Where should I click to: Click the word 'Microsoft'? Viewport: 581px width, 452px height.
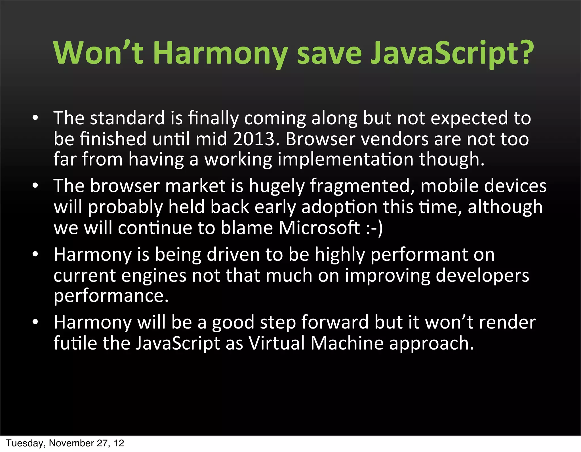[x=319, y=228]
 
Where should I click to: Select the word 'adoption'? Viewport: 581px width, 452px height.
[x=339, y=207]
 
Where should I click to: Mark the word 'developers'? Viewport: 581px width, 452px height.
[x=482, y=276]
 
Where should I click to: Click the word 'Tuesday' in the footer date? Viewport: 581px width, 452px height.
[x=24, y=443]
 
